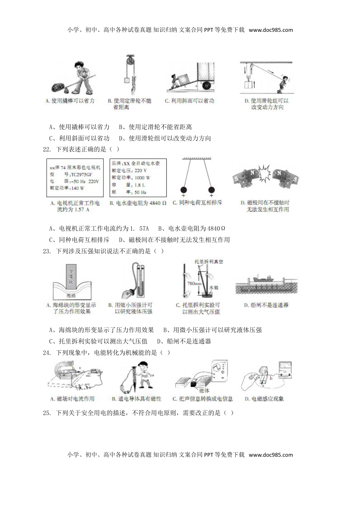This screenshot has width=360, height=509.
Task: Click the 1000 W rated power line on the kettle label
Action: [131, 178]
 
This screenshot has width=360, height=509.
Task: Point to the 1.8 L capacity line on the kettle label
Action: [129, 185]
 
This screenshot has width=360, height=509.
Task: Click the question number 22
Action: [47, 149]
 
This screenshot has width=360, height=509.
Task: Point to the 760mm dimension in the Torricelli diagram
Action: [193, 284]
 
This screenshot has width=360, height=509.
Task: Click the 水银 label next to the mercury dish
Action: [212, 288]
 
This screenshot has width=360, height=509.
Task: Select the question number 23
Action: [47, 251]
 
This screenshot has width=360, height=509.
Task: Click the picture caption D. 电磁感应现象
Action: [265, 399]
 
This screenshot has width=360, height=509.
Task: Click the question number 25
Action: [47, 413]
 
